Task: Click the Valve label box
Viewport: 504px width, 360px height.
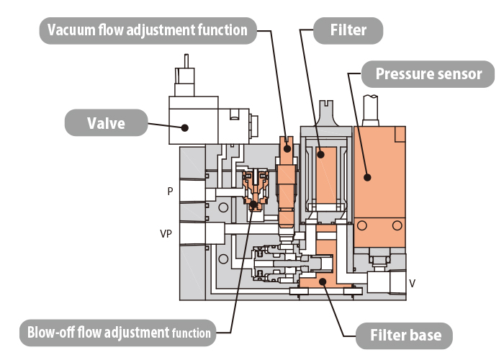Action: click(106, 122)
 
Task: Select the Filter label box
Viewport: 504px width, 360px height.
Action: click(348, 30)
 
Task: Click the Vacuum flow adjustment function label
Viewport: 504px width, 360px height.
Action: click(148, 30)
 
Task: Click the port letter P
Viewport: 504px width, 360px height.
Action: click(170, 192)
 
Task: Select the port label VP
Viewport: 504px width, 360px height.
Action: click(166, 234)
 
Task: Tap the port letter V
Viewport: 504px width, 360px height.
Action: click(412, 283)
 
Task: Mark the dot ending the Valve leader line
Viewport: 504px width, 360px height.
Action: click(185, 128)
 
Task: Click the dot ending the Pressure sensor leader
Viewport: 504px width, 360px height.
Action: click(367, 176)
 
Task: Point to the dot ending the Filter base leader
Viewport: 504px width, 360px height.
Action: click(324, 282)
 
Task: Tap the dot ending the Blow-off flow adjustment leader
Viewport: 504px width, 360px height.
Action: click(253, 204)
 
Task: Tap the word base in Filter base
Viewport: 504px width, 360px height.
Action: click(425, 335)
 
